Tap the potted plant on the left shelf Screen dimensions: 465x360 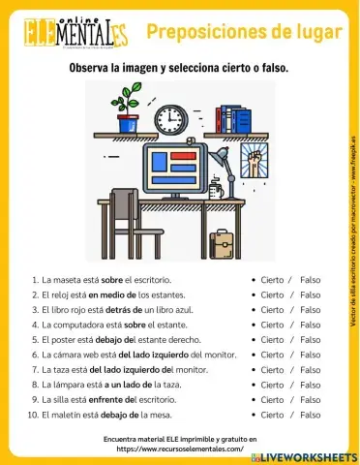point(128,108)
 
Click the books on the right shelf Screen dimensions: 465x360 point(233,119)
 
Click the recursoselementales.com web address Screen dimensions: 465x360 point(179,449)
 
